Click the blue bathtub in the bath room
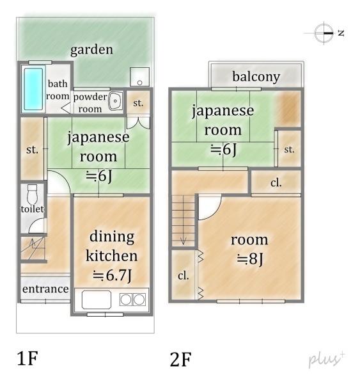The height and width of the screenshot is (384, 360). click(32, 90)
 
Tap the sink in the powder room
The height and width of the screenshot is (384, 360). click(115, 102)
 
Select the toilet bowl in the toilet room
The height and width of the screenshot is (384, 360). click(33, 193)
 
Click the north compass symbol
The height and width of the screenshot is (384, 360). click(325, 33)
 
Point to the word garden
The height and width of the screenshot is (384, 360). click(91, 49)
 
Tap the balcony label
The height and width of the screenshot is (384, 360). click(256, 77)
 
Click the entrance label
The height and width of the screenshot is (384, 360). click(45, 289)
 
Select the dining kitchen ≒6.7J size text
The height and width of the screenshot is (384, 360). click(111, 276)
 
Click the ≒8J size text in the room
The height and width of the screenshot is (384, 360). click(249, 259)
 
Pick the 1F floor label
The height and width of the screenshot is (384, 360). click(27, 358)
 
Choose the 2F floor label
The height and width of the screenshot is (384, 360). click(181, 359)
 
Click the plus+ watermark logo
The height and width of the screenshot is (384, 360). click(327, 359)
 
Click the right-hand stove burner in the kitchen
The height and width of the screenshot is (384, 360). click(139, 299)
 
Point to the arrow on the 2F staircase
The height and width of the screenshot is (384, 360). click(184, 239)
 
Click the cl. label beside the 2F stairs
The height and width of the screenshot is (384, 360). click(183, 276)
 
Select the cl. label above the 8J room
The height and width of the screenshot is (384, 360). click(276, 182)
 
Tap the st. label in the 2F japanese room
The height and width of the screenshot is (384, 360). click(289, 150)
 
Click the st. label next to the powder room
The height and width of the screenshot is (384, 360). click(138, 102)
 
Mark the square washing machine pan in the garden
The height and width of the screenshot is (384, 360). click(139, 77)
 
